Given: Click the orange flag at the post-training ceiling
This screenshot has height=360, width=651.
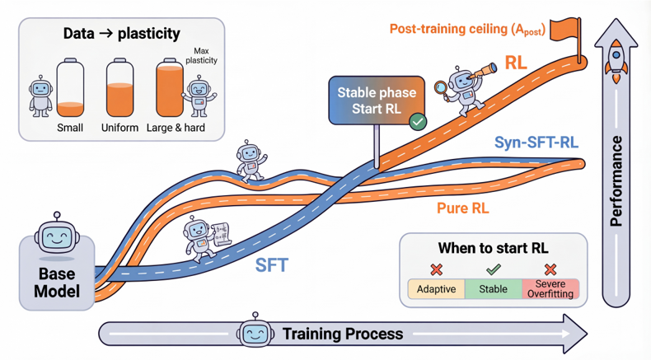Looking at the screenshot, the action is pos(565,30).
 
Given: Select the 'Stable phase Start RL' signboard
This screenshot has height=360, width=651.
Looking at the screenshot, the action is pos(377,101).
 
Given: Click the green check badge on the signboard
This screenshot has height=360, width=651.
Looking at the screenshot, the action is pos(418,122).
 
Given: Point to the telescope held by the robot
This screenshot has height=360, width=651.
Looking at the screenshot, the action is pos(483,71).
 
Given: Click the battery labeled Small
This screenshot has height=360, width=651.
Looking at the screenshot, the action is pos(70,87).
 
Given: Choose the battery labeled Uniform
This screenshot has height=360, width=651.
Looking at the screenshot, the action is pos(120,87).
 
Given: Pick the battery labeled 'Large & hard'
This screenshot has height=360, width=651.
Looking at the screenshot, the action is pos(170,87).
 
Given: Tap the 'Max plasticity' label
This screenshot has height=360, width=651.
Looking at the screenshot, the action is pos(201,56).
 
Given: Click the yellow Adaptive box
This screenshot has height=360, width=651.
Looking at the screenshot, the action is pos(437,289).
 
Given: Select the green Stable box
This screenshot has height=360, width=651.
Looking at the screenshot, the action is pos(494,289).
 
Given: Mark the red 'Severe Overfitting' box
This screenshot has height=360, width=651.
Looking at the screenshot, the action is pos(550,289).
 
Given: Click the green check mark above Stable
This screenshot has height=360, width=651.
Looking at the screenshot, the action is pos(494,270).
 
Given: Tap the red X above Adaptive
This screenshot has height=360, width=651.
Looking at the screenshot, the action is pos(437,270).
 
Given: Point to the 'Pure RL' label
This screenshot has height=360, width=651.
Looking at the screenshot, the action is pos(463,208).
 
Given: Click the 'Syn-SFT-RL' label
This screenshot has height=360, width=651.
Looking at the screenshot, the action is pos(536,143).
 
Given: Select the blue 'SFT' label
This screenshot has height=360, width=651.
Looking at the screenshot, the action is pos(272,265).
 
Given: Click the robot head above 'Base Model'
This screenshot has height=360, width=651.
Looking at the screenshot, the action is pos(57,235).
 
